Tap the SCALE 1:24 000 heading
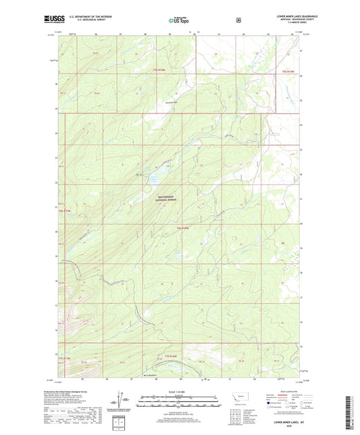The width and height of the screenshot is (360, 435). (x=179, y=392)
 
